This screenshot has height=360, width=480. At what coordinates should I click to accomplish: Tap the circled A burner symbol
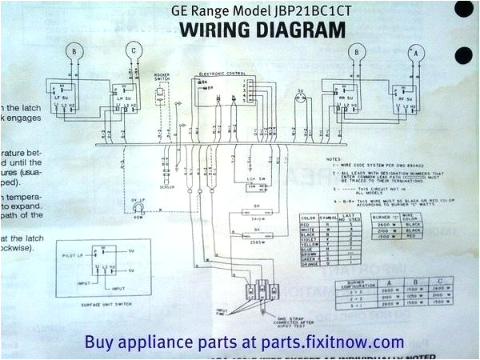pyautogui.click(x=414, y=53)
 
